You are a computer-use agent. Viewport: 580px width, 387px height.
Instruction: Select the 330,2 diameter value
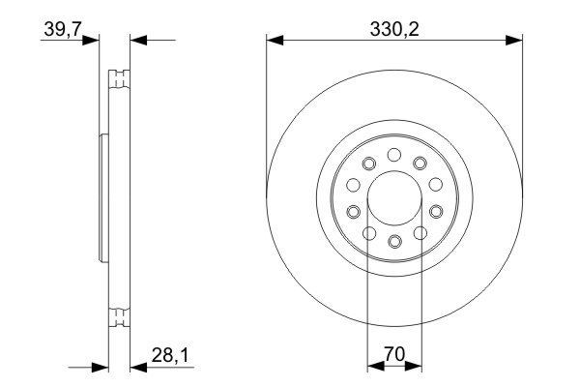click(394, 29)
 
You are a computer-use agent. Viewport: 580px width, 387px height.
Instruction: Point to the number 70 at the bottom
click(393, 354)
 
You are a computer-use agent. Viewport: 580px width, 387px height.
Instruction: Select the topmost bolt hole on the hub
click(394, 155)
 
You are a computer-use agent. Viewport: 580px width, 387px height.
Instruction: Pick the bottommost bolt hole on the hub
click(394, 240)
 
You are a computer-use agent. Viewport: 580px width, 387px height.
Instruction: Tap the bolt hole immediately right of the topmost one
click(420, 164)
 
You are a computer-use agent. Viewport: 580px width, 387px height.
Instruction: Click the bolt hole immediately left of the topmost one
click(369, 164)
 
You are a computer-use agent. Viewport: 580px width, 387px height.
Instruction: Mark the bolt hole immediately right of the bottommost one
click(420, 232)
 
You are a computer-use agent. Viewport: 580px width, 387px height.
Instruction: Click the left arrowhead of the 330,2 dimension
click(275, 41)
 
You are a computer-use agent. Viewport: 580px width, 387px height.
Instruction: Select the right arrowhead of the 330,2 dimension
click(514, 41)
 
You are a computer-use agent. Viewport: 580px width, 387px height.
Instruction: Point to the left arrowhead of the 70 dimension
click(374, 367)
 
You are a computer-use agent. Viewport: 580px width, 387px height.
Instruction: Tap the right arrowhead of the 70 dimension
click(415, 367)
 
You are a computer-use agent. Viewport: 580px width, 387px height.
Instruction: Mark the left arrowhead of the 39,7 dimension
click(93, 41)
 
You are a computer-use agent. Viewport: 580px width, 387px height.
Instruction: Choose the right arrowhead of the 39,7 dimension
click(136, 41)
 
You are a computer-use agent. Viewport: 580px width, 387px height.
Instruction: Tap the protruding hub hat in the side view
click(103, 197)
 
